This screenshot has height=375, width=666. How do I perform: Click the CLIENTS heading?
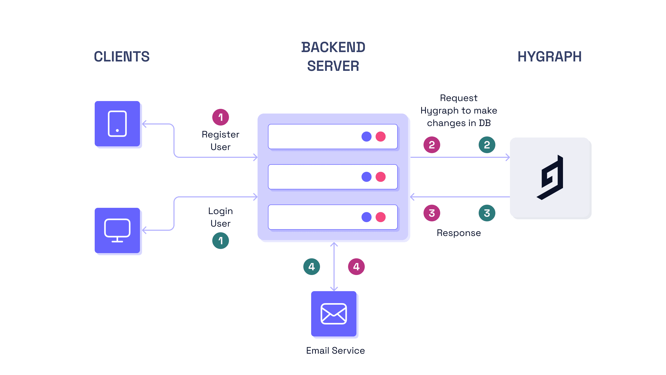[x=122, y=57]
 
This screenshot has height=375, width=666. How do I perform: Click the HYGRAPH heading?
[x=549, y=57]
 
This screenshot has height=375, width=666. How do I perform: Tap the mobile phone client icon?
[x=117, y=124]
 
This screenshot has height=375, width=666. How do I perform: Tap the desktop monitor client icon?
[x=117, y=230]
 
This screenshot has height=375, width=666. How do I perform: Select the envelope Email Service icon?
[x=334, y=314]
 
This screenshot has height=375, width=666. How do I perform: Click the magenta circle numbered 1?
[x=220, y=117]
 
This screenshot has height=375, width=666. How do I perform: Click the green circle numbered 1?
[x=220, y=241]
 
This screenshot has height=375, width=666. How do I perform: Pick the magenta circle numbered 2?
[x=432, y=145]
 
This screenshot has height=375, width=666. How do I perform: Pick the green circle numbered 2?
[x=487, y=145]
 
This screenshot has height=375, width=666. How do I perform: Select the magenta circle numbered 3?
[x=432, y=213]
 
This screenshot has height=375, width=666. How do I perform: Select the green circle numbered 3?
[x=487, y=213]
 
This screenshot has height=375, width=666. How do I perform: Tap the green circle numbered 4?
[x=311, y=267]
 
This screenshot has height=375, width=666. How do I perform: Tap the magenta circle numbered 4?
[x=356, y=267]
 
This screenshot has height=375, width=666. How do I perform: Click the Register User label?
[x=220, y=141]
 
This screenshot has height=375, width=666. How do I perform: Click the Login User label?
[x=220, y=217]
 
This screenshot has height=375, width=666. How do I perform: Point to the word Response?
[x=459, y=233]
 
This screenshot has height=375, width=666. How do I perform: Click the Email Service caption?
[x=335, y=351]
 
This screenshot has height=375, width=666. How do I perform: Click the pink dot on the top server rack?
[x=380, y=136]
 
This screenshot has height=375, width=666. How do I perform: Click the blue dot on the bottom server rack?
[x=366, y=217]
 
